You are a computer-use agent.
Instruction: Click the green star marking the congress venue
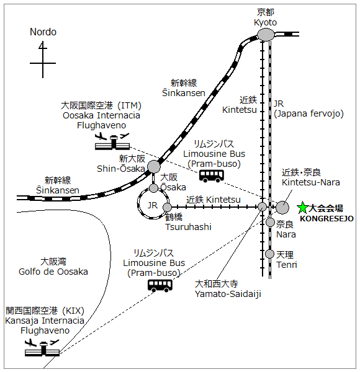click(x=302, y=208)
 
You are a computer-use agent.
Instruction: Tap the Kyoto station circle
click(x=266, y=35)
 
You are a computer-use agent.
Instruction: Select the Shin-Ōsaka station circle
click(x=154, y=167)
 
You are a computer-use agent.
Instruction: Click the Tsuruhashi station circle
click(x=167, y=207)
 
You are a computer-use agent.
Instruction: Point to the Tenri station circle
click(x=270, y=254)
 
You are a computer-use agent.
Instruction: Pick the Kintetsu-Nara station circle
click(x=282, y=207)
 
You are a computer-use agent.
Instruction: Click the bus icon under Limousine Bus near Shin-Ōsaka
click(x=212, y=176)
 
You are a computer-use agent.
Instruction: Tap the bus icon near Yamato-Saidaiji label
click(x=160, y=286)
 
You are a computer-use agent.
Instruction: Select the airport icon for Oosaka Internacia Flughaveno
click(x=112, y=141)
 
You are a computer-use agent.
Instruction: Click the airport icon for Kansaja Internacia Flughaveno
click(x=42, y=348)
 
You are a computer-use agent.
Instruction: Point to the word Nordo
click(x=43, y=32)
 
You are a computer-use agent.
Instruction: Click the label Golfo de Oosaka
click(x=53, y=272)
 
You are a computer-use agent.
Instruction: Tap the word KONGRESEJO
click(x=326, y=218)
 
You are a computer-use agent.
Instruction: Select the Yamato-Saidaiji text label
click(x=228, y=294)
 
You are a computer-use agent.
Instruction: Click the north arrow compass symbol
click(x=43, y=60)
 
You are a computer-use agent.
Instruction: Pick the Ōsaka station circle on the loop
click(x=154, y=188)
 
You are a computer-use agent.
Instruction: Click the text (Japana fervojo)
click(x=308, y=113)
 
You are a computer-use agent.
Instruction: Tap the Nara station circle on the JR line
click(x=270, y=223)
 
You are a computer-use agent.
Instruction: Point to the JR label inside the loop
click(x=153, y=205)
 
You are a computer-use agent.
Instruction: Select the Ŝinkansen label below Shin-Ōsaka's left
click(x=58, y=190)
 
